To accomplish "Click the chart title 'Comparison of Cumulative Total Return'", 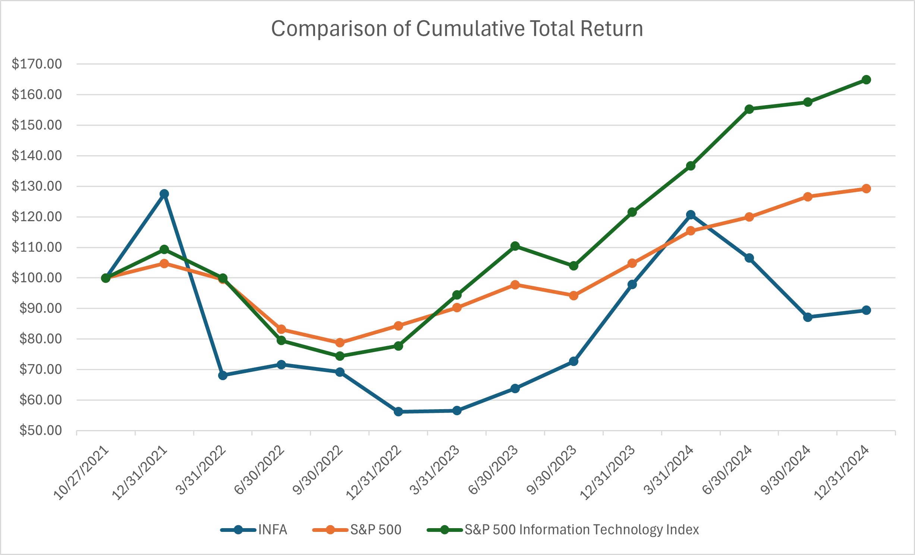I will tap(457, 29).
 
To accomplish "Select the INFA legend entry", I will tap(272, 530).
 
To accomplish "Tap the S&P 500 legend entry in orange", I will tap(375, 530).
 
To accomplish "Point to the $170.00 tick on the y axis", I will tap(37, 64).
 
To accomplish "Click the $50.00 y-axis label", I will tap(40, 430).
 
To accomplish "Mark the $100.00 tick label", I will tap(37, 278).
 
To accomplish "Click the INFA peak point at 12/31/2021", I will tap(164, 194).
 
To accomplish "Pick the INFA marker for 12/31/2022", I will tap(398, 412).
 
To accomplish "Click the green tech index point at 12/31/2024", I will tap(866, 80).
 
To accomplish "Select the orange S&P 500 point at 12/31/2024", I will tap(866, 189).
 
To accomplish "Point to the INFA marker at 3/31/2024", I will tap(691, 215).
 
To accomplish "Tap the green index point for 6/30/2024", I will tap(749, 109).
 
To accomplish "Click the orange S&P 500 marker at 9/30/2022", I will tap(340, 342).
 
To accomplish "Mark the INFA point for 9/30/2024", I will tap(808, 317).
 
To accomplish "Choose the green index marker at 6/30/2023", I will tap(515, 246).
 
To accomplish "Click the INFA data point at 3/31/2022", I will tap(223, 375).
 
